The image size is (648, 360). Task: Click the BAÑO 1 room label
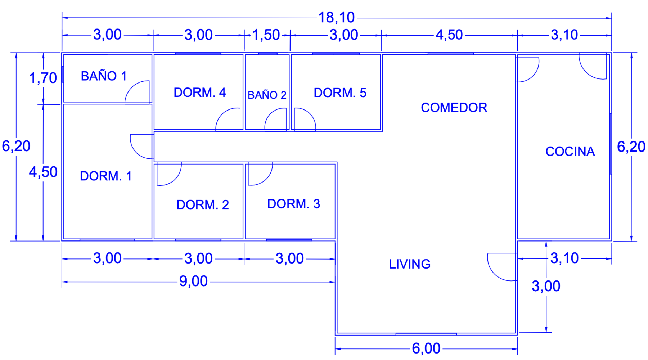104,76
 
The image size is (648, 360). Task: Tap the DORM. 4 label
199,93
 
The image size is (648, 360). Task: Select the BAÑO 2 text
267,95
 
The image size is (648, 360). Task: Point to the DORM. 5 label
340,93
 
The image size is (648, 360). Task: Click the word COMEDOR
454,108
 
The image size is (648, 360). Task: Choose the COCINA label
570,152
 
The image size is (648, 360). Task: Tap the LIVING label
410,264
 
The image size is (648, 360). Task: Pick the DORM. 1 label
106,176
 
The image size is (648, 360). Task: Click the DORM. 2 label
203,205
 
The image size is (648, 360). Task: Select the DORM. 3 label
293,204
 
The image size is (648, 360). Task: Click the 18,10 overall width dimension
337,17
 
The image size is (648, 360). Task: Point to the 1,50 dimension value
266,35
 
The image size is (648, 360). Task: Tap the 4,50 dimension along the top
449,35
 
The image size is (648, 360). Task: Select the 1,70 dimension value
43,78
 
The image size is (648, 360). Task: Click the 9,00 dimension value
193,281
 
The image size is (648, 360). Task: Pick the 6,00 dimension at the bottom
426,348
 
